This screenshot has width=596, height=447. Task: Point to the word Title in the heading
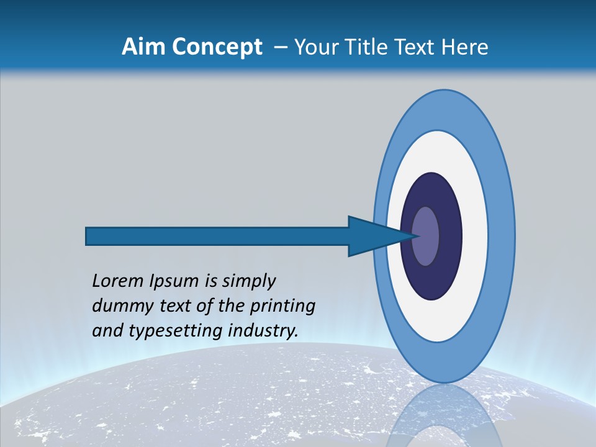(366, 47)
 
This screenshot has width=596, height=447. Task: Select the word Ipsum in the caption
(175, 281)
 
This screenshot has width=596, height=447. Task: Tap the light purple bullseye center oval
(426, 236)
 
